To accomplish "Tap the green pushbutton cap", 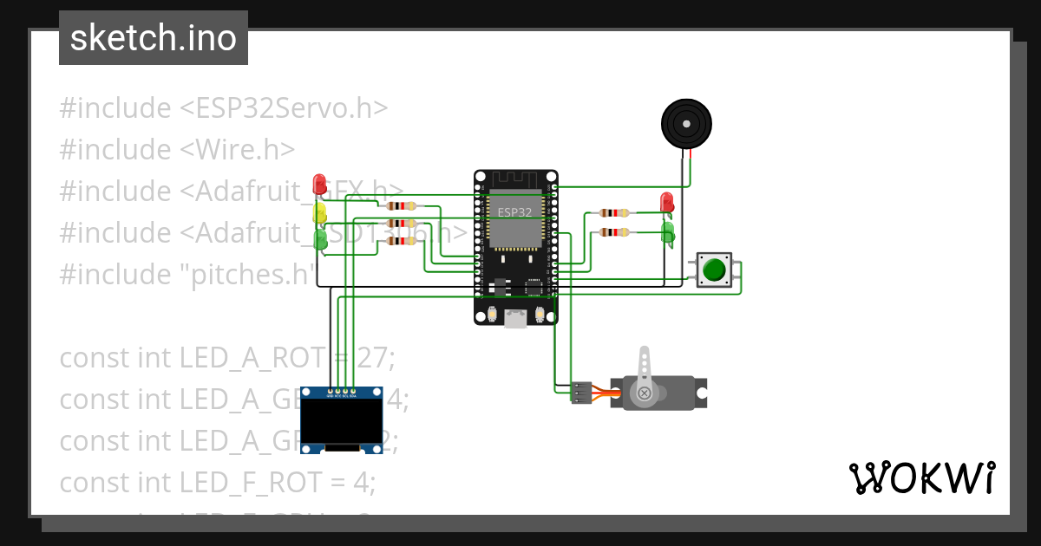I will [x=714, y=270].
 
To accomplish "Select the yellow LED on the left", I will [x=320, y=212].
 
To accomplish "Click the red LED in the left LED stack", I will [x=319, y=185].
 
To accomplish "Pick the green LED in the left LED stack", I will [x=321, y=239].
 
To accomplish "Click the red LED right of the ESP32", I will [x=666, y=202].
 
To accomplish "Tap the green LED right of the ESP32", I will [x=668, y=231].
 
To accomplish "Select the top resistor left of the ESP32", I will [x=401, y=206].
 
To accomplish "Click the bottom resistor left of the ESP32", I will [x=401, y=241].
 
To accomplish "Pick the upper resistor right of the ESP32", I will [x=614, y=212].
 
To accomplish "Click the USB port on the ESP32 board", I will [x=515, y=319].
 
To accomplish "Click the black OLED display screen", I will [x=342, y=419].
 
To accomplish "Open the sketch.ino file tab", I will [x=154, y=38].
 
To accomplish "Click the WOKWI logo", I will [x=921, y=478].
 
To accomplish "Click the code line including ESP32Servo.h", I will [x=223, y=108].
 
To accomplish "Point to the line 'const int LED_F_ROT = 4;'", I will [x=217, y=483].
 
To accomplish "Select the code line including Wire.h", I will [x=177, y=150].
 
